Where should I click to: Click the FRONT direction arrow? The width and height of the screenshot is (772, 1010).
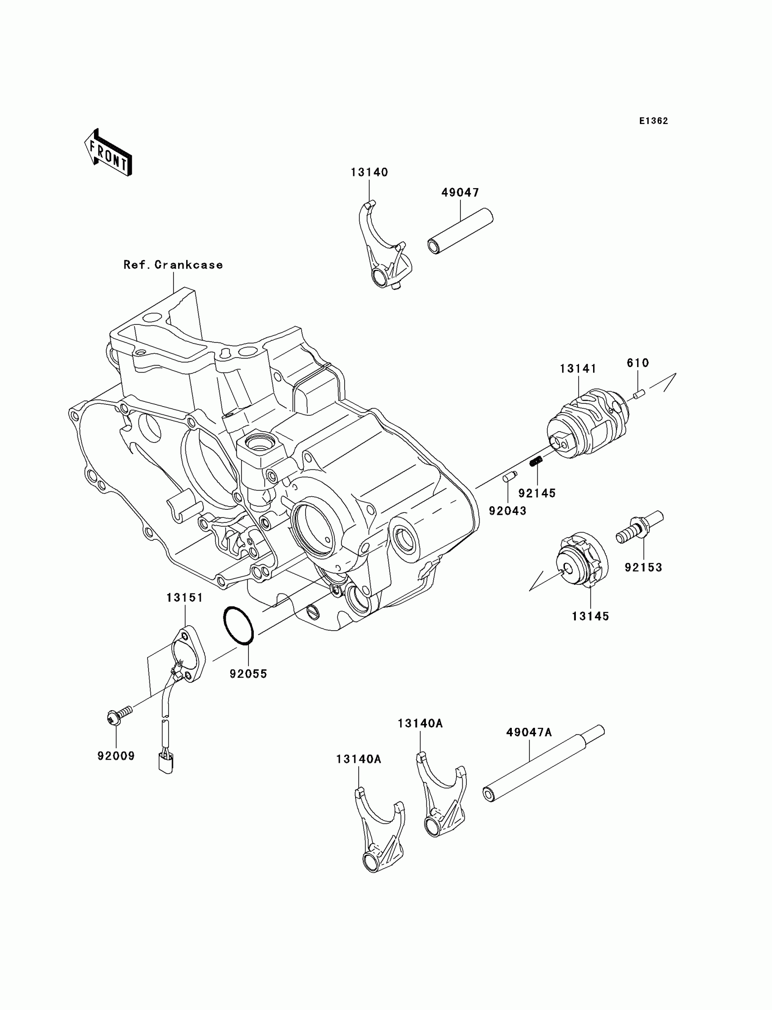pyautogui.click(x=109, y=153)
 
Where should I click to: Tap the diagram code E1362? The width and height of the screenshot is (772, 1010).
pyautogui.click(x=653, y=121)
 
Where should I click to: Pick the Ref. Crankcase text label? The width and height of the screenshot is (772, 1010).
pyautogui.click(x=173, y=265)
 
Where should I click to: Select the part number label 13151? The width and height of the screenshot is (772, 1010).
pyautogui.click(x=184, y=597)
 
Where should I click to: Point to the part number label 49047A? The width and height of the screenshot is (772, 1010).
pyautogui.click(x=529, y=732)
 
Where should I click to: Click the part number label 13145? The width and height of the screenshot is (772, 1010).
pyautogui.click(x=590, y=616)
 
